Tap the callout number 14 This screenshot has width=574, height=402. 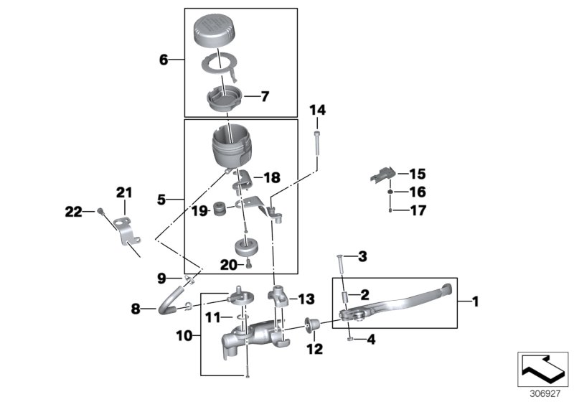(317, 110)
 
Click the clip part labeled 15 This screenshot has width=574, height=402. (383, 174)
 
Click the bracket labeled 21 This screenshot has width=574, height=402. (126, 231)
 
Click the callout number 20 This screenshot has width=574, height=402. (227, 265)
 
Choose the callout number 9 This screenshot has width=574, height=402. (162, 276)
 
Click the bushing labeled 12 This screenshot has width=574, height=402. (313, 327)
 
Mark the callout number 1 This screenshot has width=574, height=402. (474, 302)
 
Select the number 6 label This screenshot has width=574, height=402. (164, 60)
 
